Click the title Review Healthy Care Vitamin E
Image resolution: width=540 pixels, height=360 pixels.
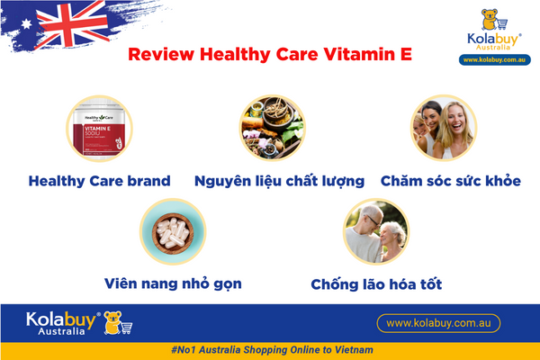click(270, 53)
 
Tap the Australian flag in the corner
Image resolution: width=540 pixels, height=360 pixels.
click(63, 27)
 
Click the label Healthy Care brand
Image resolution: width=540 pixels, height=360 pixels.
click(100, 181)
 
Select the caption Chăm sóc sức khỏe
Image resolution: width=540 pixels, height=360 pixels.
click(451, 181)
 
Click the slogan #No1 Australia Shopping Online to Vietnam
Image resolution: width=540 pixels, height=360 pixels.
click(271, 349)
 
